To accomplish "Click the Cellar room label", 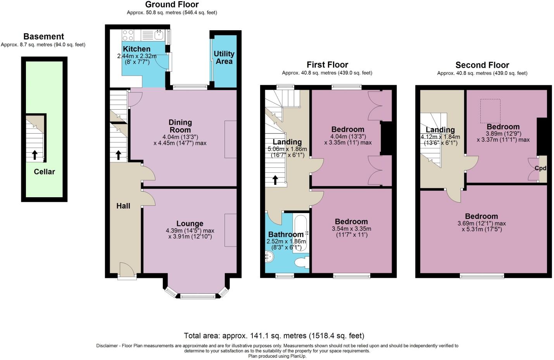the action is (44, 172).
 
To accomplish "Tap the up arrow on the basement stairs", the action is (35, 155).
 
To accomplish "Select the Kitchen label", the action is (136, 49).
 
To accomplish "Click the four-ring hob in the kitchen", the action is (128, 35).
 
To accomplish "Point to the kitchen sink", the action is (159, 35).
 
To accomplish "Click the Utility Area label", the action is (224, 57).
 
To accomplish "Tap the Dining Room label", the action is (180, 126).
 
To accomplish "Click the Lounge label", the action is (190, 223).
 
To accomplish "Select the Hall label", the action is (123, 206).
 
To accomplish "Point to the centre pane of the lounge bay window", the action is (198, 296).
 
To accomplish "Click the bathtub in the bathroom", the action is (301, 233).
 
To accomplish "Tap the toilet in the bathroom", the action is (302, 262).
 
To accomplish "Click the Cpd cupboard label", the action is (540, 168).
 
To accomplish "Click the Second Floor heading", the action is (482, 65).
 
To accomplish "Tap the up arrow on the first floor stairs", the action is (275, 180).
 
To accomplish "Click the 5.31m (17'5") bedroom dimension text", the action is (482, 229).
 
